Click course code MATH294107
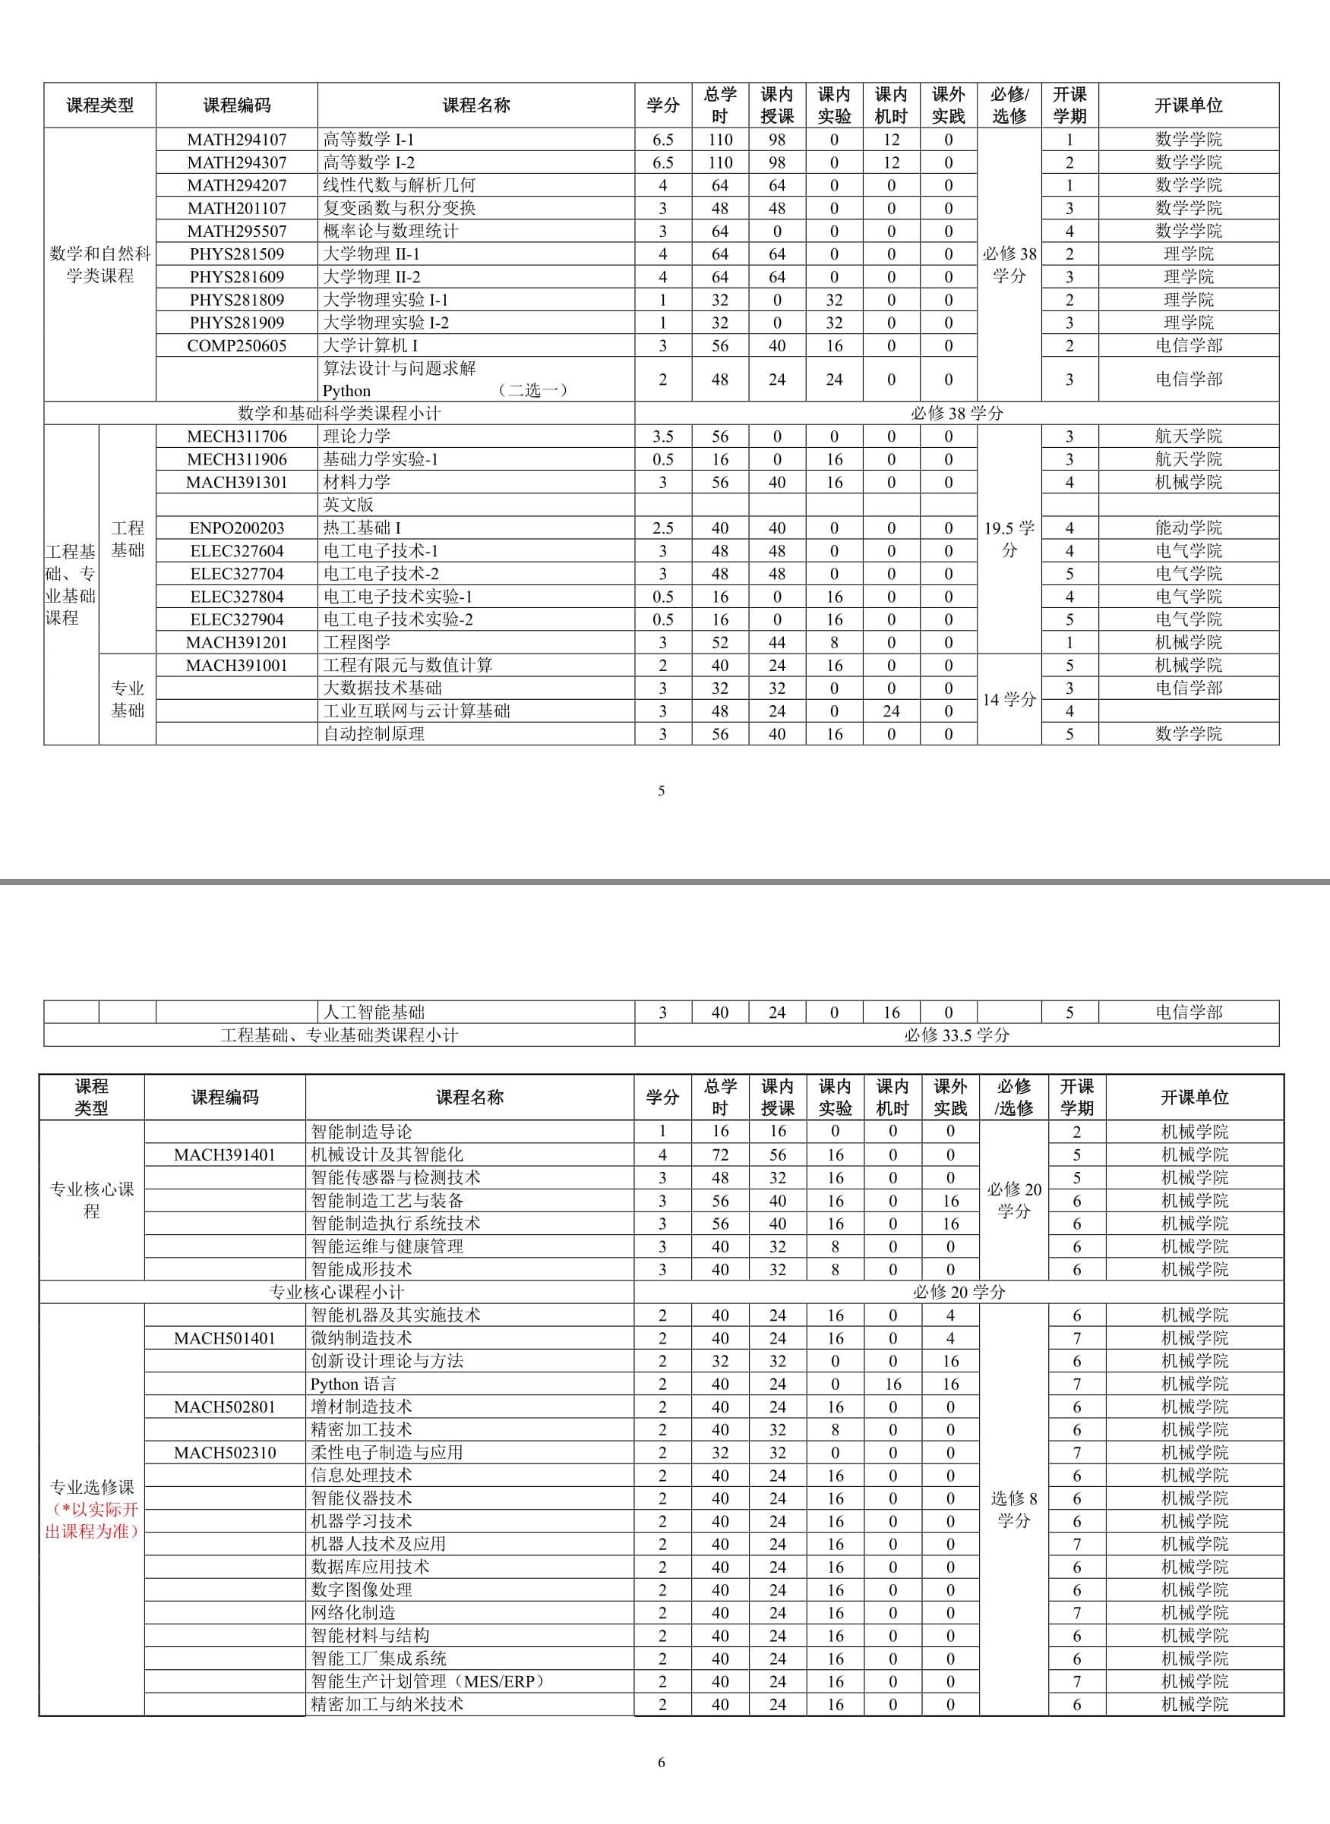click(237, 139)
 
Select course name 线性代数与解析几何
click(399, 185)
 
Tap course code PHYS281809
click(237, 299)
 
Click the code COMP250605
click(237, 345)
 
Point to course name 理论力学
click(357, 436)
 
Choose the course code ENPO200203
click(237, 528)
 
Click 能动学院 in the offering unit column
click(1188, 528)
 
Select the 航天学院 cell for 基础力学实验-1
click(1188, 459)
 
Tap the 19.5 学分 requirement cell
click(1009, 539)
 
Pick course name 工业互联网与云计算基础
click(416, 711)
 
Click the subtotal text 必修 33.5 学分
click(956, 1035)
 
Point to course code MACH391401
click(225, 1155)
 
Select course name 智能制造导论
click(362, 1131)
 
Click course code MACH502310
click(225, 1452)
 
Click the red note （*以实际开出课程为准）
click(92, 1520)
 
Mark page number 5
click(661, 791)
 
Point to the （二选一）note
click(533, 390)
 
